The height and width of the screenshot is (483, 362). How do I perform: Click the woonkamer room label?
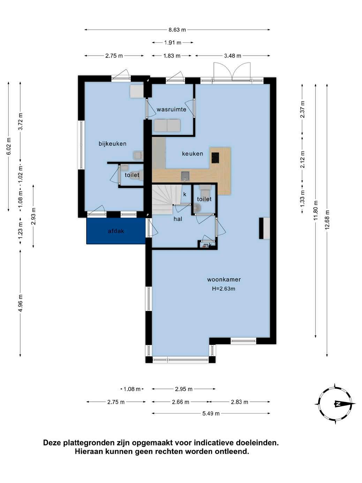click(x=224, y=280)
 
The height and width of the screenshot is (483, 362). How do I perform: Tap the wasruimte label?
click(x=172, y=109)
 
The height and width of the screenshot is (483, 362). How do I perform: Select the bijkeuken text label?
click(x=113, y=144)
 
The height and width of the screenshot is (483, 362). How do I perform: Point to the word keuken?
click(x=193, y=154)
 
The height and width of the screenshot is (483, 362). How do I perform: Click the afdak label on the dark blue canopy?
click(x=116, y=231)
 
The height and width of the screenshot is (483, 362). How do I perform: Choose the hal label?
click(x=178, y=219)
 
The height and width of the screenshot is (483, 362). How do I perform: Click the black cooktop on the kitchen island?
click(x=215, y=158)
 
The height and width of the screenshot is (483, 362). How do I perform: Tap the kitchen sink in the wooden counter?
click(x=185, y=176)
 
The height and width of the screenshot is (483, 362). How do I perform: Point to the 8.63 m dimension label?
click(x=177, y=30)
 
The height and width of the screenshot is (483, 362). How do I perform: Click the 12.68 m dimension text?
click(x=327, y=220)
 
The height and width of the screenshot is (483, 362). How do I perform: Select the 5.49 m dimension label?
click(x=211, y=414)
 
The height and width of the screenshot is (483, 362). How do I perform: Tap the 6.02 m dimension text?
click(x=9, y=146)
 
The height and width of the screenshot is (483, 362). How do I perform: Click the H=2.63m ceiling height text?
click(x=224, y=289)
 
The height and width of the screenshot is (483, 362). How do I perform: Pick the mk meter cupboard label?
click(x=208, y=245)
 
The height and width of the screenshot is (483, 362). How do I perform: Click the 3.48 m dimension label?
click(x=233, y=56)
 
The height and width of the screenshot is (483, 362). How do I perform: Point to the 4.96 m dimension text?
click(x=21, y=303)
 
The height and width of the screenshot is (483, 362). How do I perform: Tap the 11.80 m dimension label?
click(x=316, y=210)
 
